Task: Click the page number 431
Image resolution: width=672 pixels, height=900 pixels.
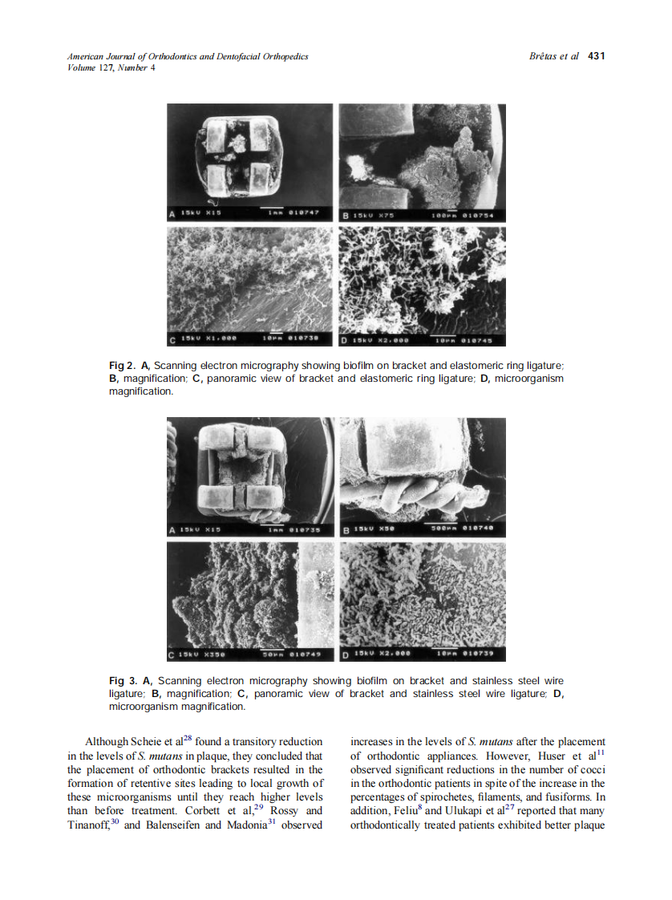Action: (596, 56)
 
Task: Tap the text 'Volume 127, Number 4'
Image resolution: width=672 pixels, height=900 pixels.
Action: (111, 67)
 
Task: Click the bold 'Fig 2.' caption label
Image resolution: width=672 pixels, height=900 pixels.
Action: (122, 366)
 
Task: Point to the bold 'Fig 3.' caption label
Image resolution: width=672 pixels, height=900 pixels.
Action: (122, 681)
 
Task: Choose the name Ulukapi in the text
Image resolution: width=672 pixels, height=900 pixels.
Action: (464, 811)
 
